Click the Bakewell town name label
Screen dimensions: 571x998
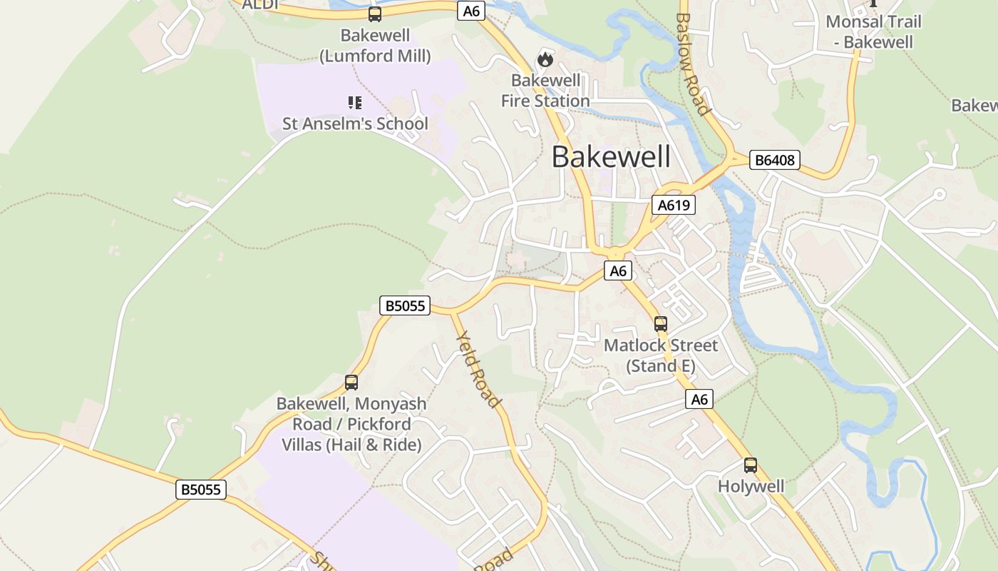coord(611,157)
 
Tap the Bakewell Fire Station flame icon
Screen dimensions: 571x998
coord(545,59)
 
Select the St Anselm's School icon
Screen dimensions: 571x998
coord(354,103)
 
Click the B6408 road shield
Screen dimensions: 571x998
coord(775,160)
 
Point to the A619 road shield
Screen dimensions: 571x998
coord(673,206)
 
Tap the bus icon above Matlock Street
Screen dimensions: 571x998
coord(661,323)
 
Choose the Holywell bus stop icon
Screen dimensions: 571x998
coord(750,465)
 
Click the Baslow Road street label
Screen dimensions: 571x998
coord(692,64)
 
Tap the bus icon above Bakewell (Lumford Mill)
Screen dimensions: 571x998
coord(374,14)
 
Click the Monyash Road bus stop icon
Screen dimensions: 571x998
coord(351,382)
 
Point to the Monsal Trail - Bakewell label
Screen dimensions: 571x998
coord(873,31)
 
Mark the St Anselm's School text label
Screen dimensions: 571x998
coord(355,123)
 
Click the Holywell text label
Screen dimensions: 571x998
coord(751,487)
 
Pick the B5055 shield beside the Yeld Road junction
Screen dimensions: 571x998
coord(404,306)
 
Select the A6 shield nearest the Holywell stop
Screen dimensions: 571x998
coord(699,400)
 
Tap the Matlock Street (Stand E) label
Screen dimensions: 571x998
coord(661,355)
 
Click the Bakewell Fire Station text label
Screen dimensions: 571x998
coord(545,91)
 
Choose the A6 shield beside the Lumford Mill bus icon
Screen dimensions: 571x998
coord(471,11)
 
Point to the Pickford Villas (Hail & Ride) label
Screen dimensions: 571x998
coord(351,424)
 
